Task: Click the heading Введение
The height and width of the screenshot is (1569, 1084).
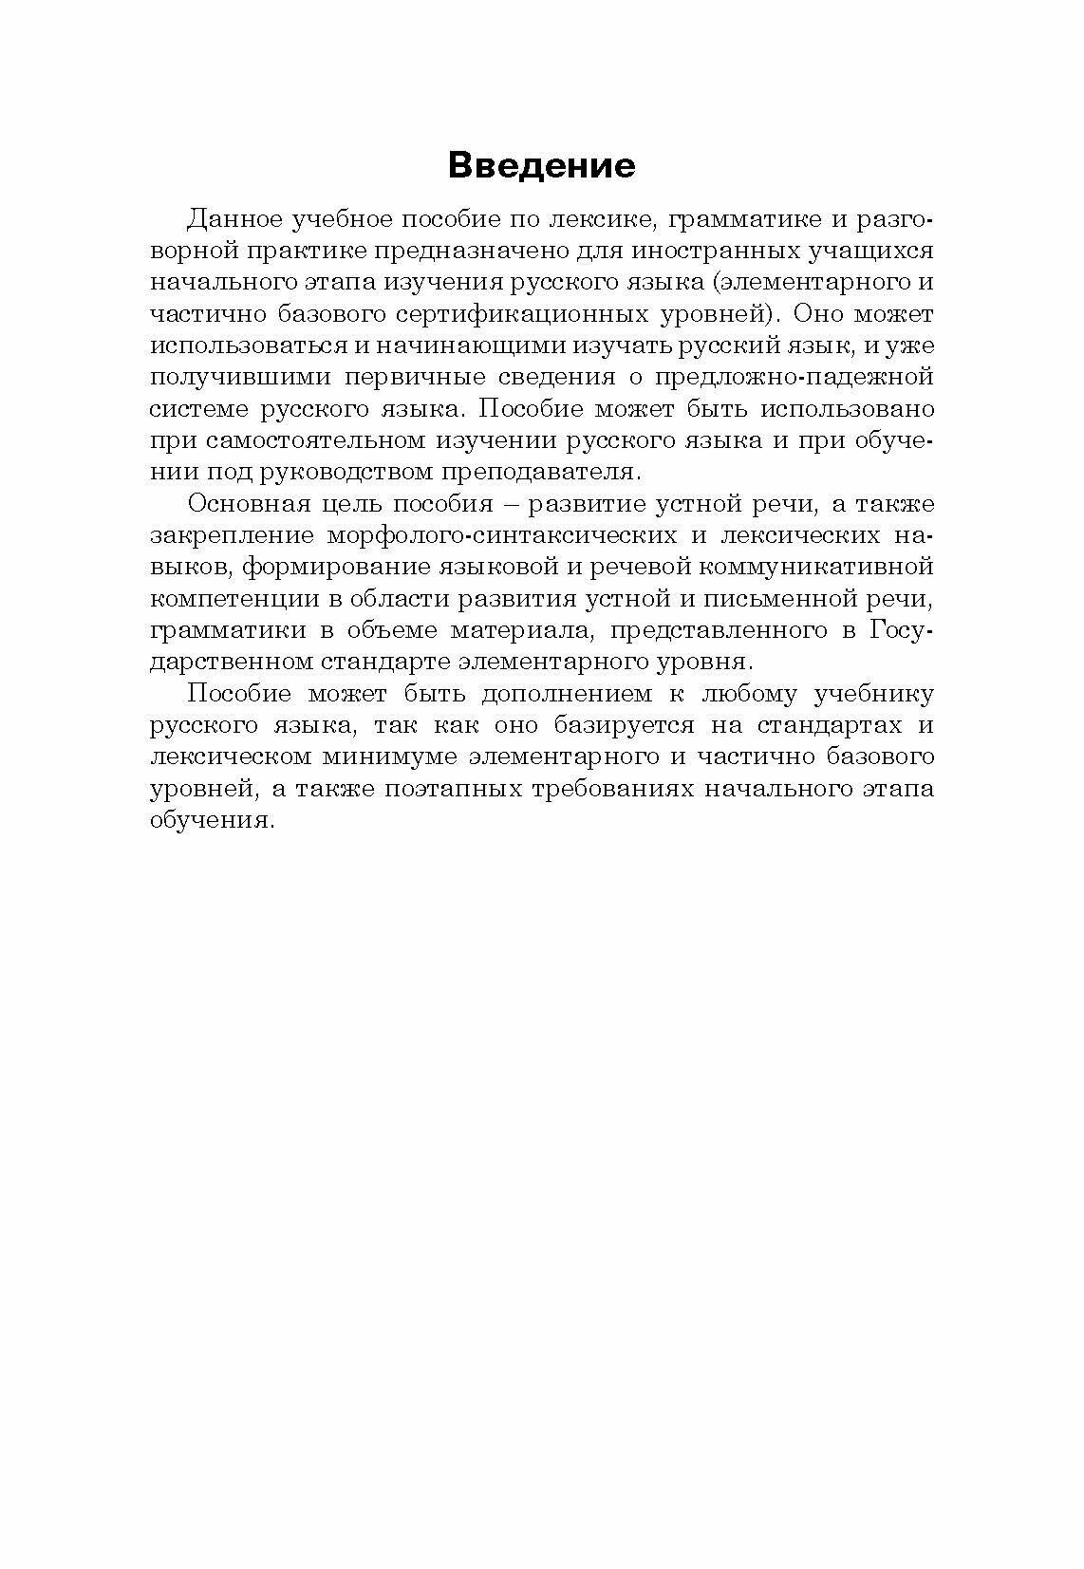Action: pos(541,165)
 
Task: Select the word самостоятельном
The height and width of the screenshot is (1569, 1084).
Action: pos(315,440)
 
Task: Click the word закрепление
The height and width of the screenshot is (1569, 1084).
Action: pos(232,535)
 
